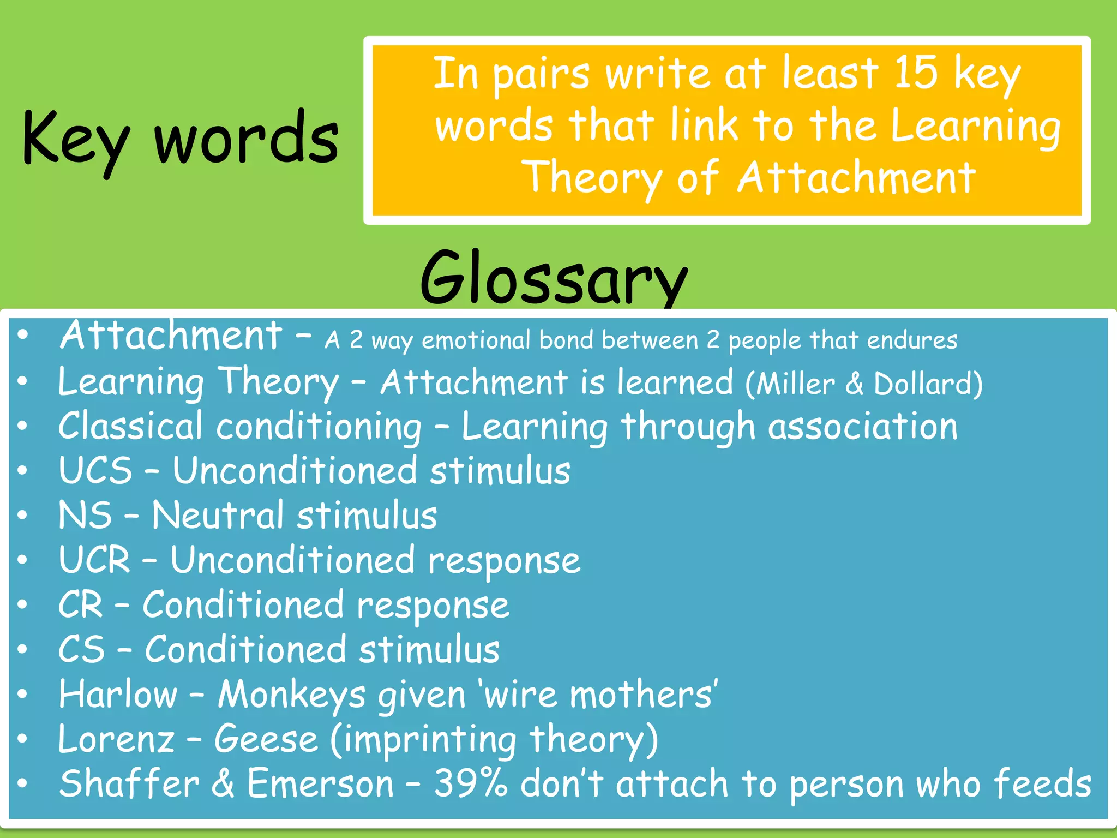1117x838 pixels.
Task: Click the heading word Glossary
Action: [554, 278]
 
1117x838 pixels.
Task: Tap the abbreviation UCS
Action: [95, 470]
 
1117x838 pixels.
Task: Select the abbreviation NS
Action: [85, 515]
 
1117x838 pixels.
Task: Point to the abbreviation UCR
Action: [94, 560]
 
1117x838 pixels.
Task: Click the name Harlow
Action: [118, 694]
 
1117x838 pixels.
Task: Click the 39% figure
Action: [470, 783]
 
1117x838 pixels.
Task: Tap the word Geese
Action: [266, 739]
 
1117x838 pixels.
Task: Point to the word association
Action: [862, 426]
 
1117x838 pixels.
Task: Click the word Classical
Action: [130, 426]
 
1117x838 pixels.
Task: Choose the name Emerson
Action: [320, 783]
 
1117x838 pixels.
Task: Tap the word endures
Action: [912, 340]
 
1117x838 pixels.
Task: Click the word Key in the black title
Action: [75, 139]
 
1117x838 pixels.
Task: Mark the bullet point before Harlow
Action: [22, 694]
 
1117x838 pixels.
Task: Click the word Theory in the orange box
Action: [592, 178]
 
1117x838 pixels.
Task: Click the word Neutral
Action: [218, 515]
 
